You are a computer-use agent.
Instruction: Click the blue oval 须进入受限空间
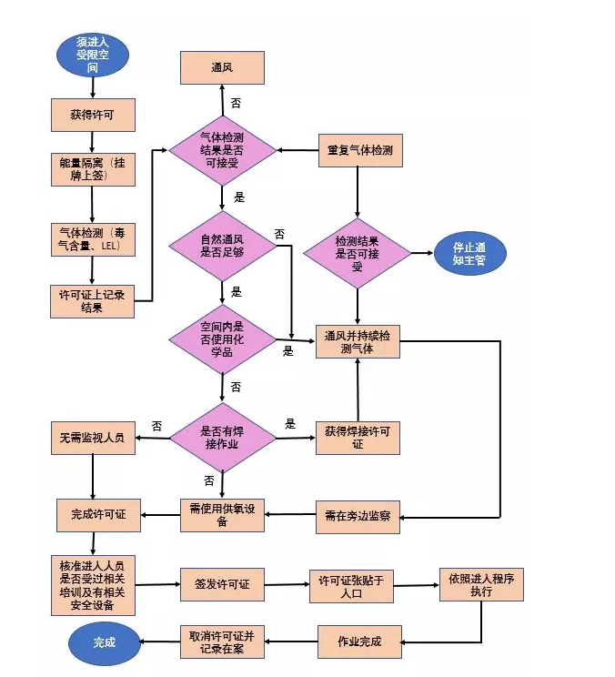pos(92,54)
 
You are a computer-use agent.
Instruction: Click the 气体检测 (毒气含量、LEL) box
pos(92,238)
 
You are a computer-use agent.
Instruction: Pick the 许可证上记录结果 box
pos(92,300)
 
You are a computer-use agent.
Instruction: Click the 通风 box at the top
pos(222,67)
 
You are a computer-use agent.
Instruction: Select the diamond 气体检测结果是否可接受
pos(222,148)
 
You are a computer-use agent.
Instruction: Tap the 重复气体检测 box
pos(358,149)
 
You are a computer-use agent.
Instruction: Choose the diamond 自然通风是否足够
pos(222,246)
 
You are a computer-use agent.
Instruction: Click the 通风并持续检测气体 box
pos(358,342)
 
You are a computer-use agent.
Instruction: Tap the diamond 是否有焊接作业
pos(222,437)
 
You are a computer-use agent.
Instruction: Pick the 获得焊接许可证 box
pos(358,438)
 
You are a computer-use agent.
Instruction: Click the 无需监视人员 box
pos(92,438)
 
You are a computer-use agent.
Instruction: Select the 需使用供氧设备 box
pos(222,515)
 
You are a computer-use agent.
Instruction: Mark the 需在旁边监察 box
pos(358,515)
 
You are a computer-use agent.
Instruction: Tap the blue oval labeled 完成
pos(105,642)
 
